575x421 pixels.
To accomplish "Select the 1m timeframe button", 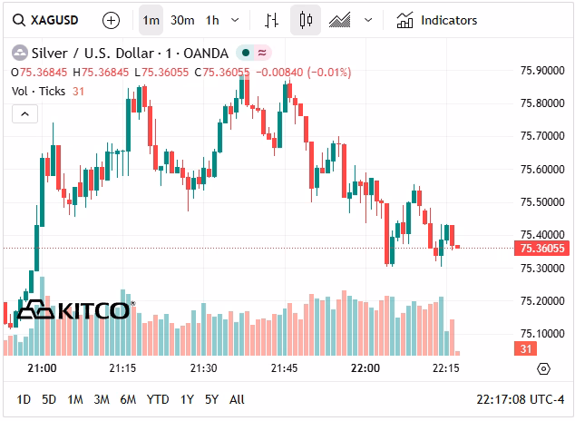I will tap(151, 19).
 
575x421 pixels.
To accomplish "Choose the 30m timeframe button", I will tap(181, 19).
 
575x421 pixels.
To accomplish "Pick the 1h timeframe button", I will tap(212, 19).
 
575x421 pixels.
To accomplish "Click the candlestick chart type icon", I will tap(306, 19).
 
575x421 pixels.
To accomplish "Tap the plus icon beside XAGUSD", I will tap(111, 19).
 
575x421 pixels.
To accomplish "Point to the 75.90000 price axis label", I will tap(543, 70).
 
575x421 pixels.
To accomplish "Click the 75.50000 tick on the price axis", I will tap(543, 202).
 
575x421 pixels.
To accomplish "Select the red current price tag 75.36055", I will tap(541, 248).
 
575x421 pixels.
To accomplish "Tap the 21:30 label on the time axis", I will tap(202, 368).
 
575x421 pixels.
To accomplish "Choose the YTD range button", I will tap(158, 399).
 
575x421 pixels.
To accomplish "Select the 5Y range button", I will tap(211, 399).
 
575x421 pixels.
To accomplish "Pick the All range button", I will tap(237, 399).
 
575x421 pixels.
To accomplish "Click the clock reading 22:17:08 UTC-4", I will tap(521, 399).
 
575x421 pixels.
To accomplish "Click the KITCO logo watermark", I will tap(76, 311).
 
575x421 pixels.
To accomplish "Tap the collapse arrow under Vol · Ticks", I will tap(24, 113).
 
